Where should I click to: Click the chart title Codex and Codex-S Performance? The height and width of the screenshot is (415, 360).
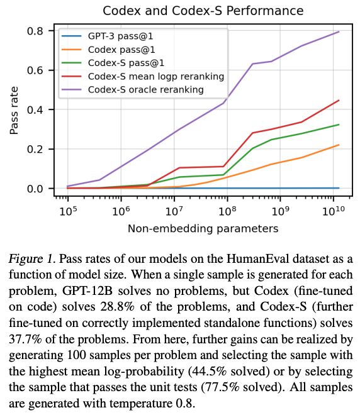click(x=203, y=11)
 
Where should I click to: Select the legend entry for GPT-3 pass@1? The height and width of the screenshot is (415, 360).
click(x=107, y=36)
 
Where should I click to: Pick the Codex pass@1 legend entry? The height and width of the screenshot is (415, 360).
click(x=108, y=50)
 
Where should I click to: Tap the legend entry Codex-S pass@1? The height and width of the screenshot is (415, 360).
click(x=113, y=63)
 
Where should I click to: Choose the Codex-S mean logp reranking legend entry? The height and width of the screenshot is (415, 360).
click(x=143, y=77)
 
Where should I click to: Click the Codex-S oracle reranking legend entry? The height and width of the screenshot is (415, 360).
click(x=132, y=90)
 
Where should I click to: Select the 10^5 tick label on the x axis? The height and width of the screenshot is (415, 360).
click(x=68, y=211)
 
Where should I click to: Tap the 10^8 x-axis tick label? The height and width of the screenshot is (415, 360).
click(x=227, y=211)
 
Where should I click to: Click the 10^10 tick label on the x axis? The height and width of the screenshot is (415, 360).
click(x=334, y=211)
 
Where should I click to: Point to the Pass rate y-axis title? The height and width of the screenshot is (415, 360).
click(x=14, y=111)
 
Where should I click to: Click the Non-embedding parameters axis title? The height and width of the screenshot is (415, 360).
click(x=203, y=228)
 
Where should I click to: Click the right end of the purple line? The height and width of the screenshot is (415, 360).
click(x=339, y=32)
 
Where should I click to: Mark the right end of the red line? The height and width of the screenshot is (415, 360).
click(x=339, y=101)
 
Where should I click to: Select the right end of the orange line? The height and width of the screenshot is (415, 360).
click(x=339, y=145)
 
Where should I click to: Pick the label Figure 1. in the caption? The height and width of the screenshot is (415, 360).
click(x=32, y=258)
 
